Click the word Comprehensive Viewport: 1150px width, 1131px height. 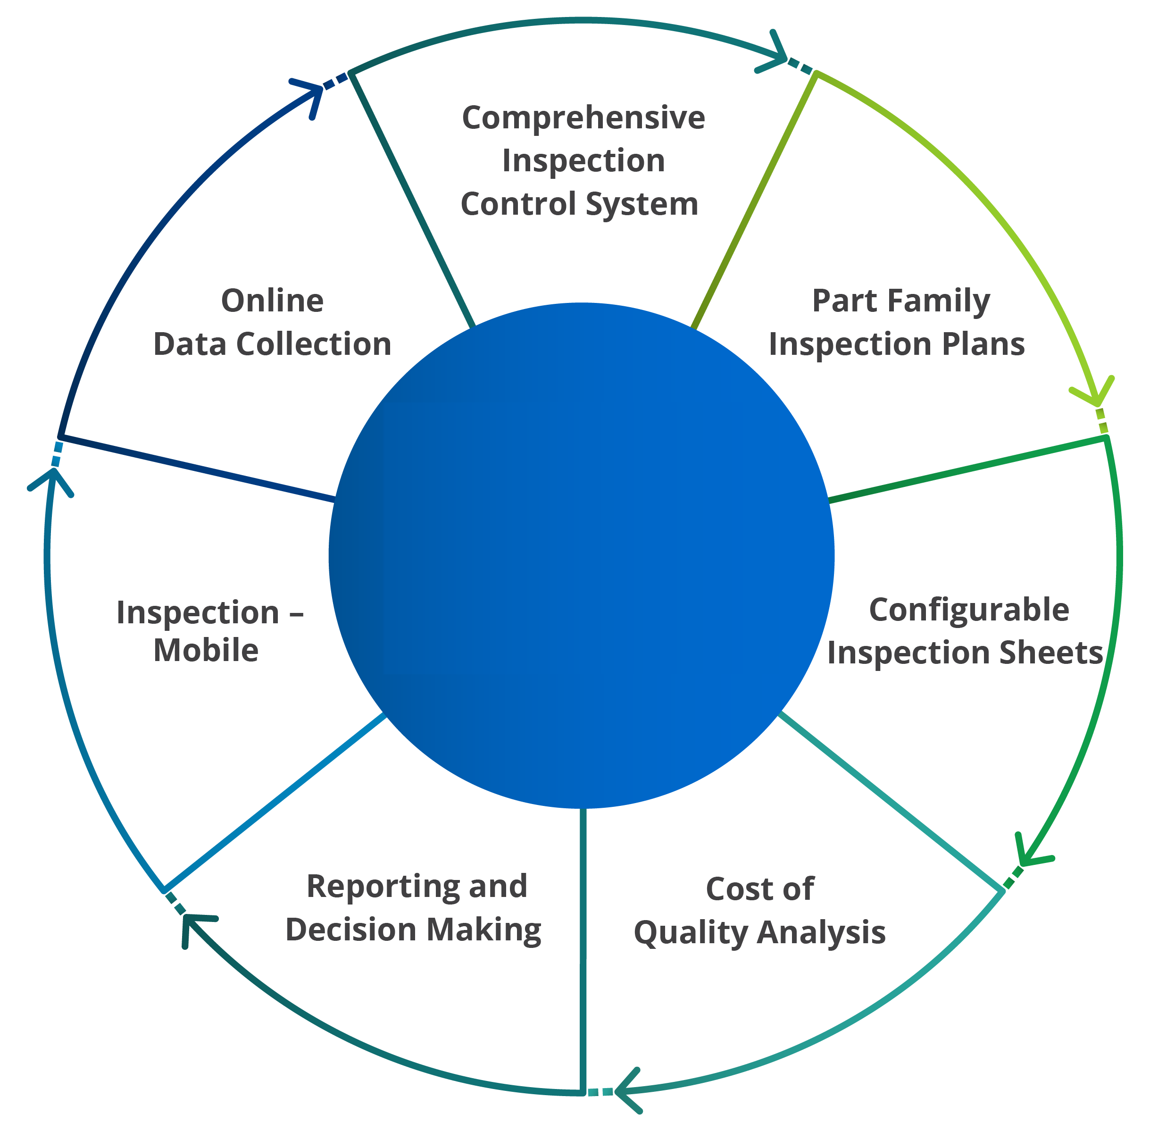coord(583,117)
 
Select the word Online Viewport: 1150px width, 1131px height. coord(273,301)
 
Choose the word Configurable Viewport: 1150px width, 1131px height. coord(969,610)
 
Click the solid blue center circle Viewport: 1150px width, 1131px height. coord(581,555)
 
